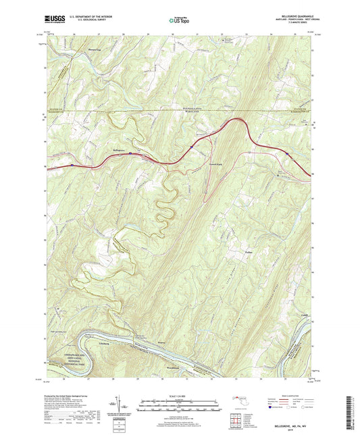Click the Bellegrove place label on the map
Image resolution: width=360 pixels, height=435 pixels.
pos(119,149)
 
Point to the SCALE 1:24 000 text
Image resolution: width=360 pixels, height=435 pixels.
pos(180,397)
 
